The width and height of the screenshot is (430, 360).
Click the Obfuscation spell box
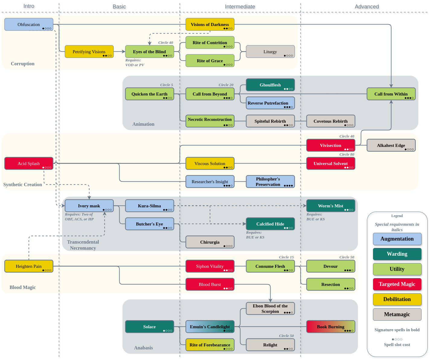tap(29, 24)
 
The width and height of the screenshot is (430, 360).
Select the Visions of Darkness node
tap(210, 24)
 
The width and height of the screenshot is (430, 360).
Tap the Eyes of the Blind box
tap(149, 52)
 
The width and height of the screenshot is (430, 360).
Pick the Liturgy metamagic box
tap(270, 52)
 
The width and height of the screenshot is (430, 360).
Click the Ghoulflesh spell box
tap(270, 85)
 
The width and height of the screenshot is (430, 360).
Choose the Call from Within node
tap(391, 94)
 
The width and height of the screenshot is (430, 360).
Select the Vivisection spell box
tap(331, 145)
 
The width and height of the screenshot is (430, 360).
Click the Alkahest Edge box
tap(391, 145)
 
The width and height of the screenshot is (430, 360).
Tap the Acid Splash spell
tap(29, 164)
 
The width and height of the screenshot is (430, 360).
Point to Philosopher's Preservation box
tap(270, 182)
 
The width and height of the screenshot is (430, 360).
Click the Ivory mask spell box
tap(89, 206)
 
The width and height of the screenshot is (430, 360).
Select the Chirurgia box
tap(210, 242)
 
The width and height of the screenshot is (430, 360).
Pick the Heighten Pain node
tap(29, 266)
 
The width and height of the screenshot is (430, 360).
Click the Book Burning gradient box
tap(331, 327)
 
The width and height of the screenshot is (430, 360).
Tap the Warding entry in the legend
tap(397, 254)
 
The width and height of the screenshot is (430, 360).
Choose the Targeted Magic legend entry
tap(397, 284)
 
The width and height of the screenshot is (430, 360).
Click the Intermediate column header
tap(240, 7)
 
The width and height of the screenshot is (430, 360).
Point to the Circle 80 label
tap(347, 154)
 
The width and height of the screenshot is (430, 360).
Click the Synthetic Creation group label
tap(23, 184)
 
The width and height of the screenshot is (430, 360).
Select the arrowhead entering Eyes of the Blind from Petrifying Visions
tap(124, 52)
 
